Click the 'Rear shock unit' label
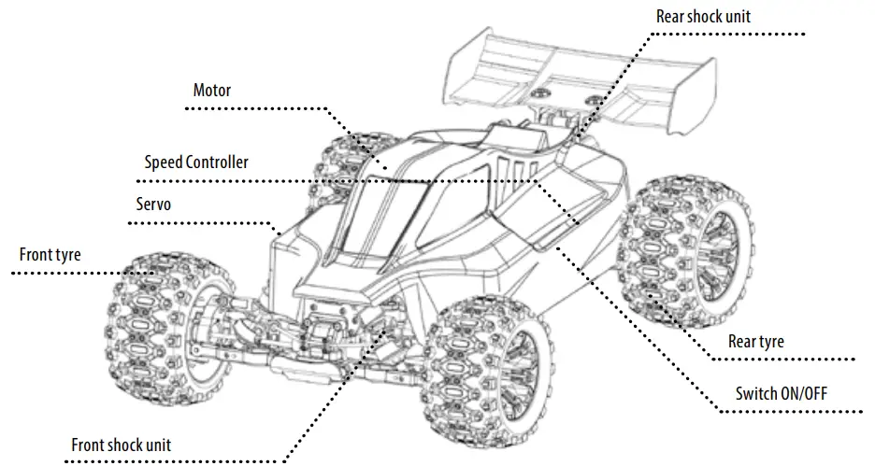pyautogui.click(x=704, y=16)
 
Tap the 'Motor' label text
pyautogui.click(x=211, y=91)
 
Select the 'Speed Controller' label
pyautogui.click(x=196, y=162)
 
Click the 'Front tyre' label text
pyautogui.click(x=50, y=254)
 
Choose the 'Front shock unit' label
pyautogui.click(x=121, y=445)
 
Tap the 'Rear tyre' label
pyautogui.click(x=755, y=342)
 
